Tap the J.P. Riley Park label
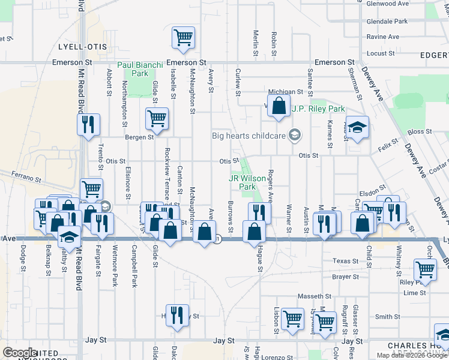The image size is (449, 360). click(x=318, y=109)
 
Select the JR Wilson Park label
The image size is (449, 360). click(x=243, y=182)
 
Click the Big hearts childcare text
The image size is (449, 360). click(x=249, y=136)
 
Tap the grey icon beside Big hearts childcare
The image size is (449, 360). click(x=294, y=135)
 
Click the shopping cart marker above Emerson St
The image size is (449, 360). click(x=184, y=37)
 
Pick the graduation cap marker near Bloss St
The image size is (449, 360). click(x=357, y=128)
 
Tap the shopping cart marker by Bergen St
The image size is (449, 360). click(x=157, y=119)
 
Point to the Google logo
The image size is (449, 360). click(x=20, y=352)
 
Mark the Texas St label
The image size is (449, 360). click(x=345, y=262)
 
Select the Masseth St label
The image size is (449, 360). click(x=315, y=296)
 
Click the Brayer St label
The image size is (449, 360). click(x=345, y=277)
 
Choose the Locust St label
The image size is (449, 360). click(x=380, y=53)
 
